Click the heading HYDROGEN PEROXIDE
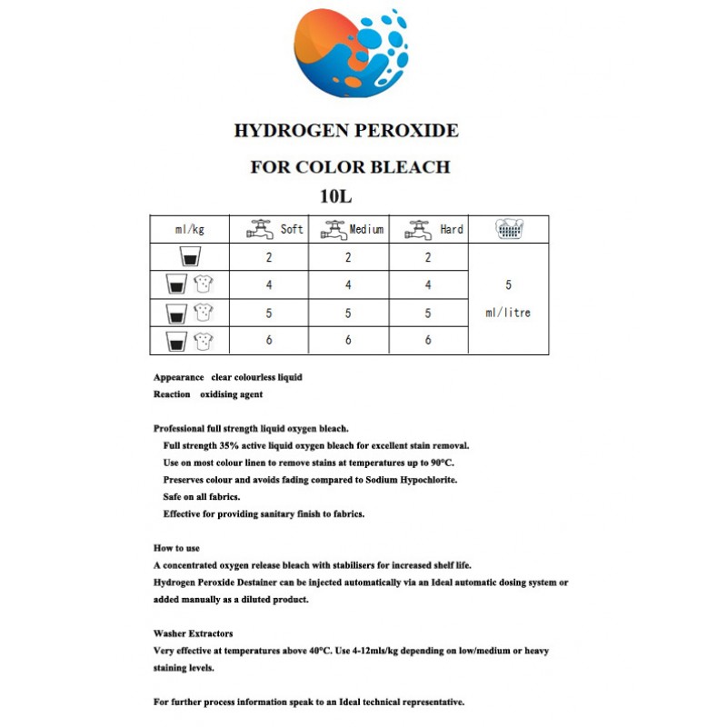tap(346, 131)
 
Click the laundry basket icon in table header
tap(508, 229)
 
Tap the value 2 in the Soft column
tap(269, 257)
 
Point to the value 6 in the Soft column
tap(269, 341)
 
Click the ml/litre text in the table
tap(508, 313)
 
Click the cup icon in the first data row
tap(190, 257)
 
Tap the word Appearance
tap(178, 377)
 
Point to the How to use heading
tap(177, 548)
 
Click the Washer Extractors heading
tap(194, 633)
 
